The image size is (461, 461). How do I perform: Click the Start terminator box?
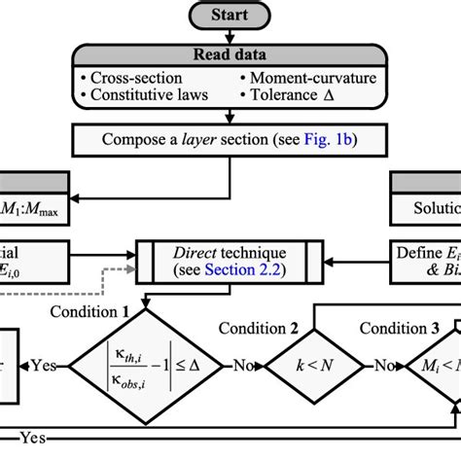[x=230, y=15]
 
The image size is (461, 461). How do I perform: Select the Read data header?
[x=230, y=55]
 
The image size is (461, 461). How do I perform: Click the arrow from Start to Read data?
[x=230, y=35]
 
